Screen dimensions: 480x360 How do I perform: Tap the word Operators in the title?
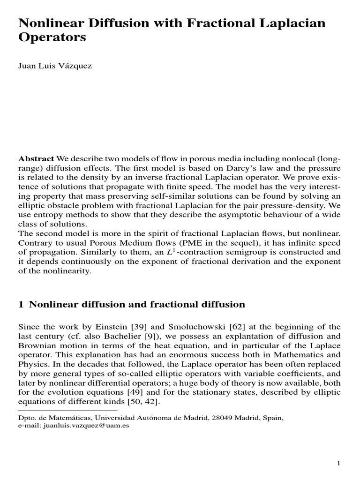pyautogui.click(x=52, y=38)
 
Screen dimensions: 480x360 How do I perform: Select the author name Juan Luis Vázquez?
pyautogui.click(x=55, y=66)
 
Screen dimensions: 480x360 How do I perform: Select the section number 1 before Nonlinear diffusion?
pyautogui.click(x=21, y=305)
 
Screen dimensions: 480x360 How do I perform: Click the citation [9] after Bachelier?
pyautogui.click(x=135, y=337)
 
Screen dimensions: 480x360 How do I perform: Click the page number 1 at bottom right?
pyautogui.click(x=338, y=464)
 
